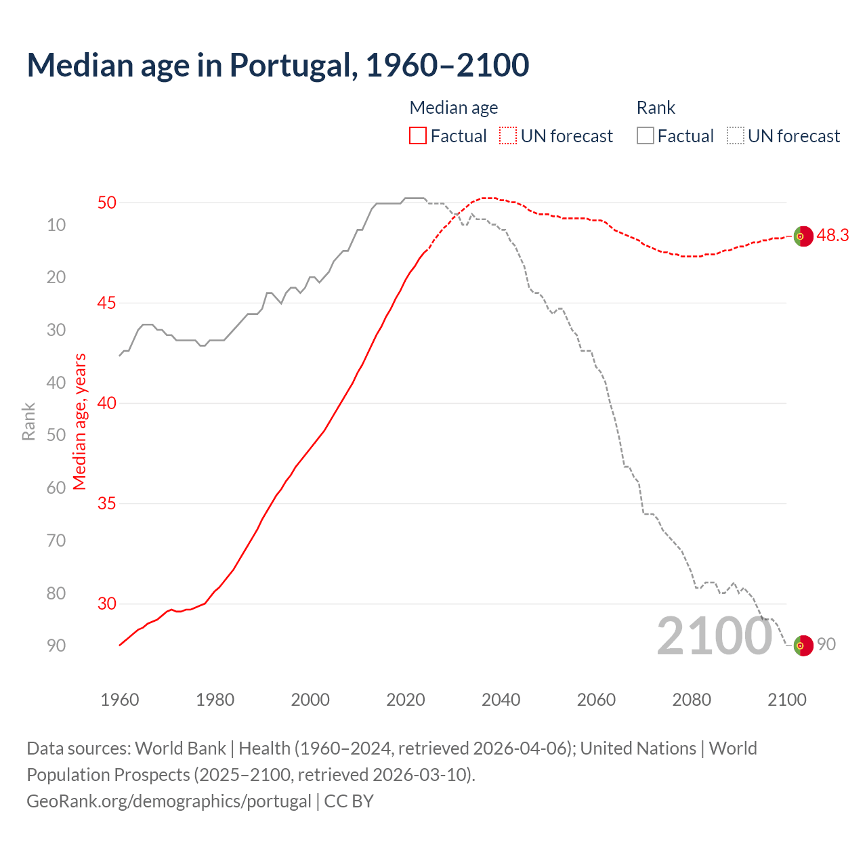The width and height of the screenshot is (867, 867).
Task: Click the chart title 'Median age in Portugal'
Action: [278, 65]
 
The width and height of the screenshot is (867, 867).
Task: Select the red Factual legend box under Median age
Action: [418, 136]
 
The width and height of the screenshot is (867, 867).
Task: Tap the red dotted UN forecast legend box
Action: [508, 136]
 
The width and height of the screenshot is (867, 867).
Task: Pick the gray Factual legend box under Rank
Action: [646, 136]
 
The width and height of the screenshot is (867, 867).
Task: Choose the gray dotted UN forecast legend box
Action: [736, 136]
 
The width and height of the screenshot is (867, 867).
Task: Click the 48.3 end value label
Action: [832, 235]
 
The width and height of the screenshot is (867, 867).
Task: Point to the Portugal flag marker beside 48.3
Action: [803, 236]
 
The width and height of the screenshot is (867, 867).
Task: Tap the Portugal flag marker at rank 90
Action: [803, 646]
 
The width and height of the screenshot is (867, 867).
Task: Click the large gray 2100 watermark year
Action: [715, 636]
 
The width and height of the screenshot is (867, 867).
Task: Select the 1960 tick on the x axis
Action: [120, 700]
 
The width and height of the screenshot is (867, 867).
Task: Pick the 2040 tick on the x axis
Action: [501, 700]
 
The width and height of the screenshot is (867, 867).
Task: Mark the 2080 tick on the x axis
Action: [692, 700]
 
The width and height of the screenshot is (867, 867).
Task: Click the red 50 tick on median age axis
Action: [107, 203]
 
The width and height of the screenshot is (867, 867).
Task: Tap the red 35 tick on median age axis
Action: [107, 503]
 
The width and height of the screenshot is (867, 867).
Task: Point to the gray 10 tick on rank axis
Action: [56, 225]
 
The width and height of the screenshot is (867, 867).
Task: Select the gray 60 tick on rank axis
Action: [56, 488]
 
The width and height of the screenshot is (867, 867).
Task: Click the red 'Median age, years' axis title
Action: [80, 421]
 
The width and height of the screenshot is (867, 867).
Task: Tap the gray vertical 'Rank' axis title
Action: [28, 421]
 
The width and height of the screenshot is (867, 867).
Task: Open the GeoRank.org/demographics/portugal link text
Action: [169, 801]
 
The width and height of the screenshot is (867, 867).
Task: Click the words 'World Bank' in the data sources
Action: [180, 748]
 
